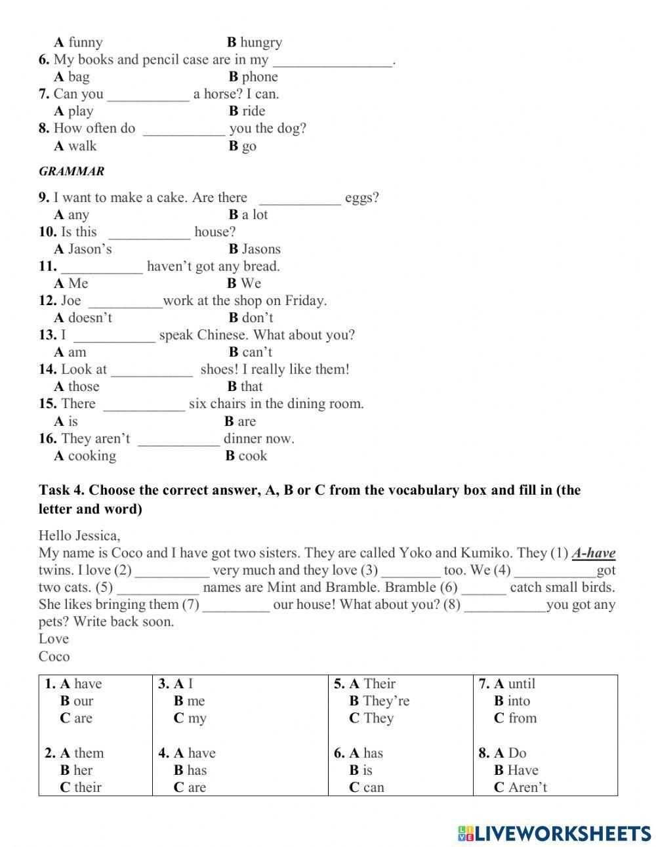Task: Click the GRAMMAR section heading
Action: point(72,171)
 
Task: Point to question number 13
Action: point(47,335)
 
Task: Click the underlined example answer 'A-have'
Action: point(593,553)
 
